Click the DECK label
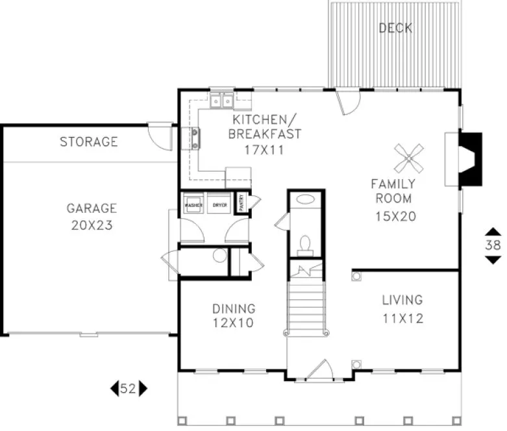coord(395,28)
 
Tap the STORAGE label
coord(89,142)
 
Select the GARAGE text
coord(92,208)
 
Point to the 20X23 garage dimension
coord(92,225)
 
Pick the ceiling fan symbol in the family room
coord(410,158)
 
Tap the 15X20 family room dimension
coord(395,216)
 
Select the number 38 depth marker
coord(493,245)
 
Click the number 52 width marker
coord(128,389)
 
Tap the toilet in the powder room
coord(304,244)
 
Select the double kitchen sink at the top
coord(222,101)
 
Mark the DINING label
coord(234,309)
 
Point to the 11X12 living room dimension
coord(402,319)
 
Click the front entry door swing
coord(319,370)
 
